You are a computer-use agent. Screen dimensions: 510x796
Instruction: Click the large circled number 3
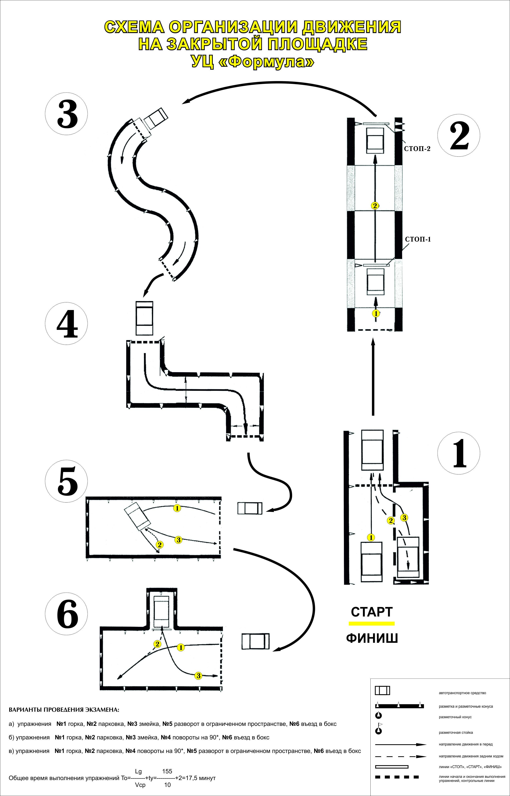(66, 114)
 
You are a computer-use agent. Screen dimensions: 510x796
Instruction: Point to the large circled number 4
(66, 323)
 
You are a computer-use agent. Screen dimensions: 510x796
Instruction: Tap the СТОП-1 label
(418, 239)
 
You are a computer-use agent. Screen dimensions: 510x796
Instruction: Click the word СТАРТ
(372, 612)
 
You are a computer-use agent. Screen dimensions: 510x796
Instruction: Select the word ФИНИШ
(372, 638)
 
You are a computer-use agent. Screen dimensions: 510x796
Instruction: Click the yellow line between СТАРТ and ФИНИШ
(372, 624)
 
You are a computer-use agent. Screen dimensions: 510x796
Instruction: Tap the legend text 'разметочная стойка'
(456, 733)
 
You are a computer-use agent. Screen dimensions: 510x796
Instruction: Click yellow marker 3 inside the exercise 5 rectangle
(178, 540)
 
